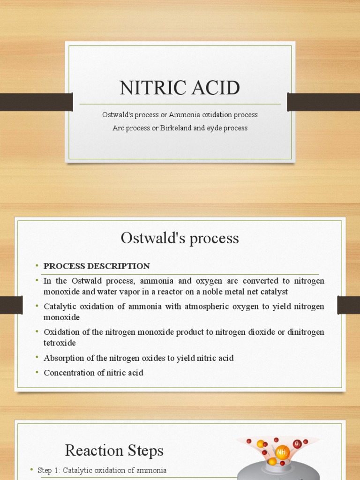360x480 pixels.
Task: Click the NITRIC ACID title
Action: click(180, 88)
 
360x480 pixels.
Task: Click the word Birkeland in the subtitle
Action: click(174, 128)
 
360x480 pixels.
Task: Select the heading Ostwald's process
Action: click(180, 238)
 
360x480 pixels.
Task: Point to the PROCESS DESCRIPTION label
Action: click(97, 266)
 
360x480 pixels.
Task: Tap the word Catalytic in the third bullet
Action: click(60, 307)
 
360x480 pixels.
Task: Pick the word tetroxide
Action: click(60, 343)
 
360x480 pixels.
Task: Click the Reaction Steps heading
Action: click(114, 450)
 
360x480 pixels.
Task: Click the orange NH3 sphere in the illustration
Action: click(282, 452)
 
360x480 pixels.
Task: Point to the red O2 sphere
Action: click(297, 443)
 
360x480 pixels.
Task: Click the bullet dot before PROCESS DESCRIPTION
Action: click(37, 266)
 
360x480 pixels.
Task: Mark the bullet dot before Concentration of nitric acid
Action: click(37, 373)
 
